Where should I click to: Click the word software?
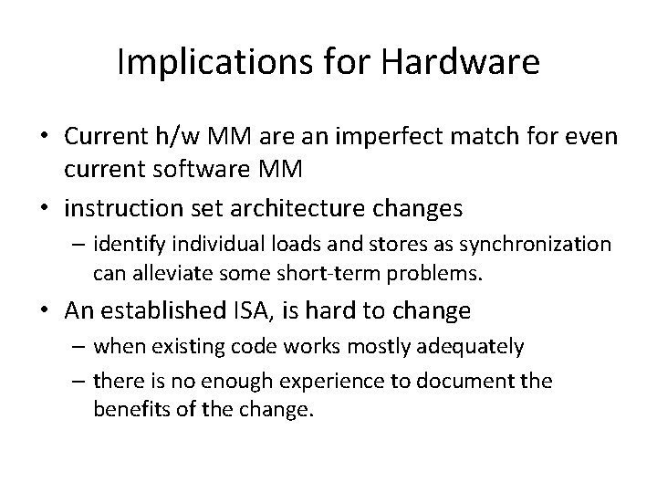[203, 170]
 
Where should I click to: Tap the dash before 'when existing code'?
[80, 347]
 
